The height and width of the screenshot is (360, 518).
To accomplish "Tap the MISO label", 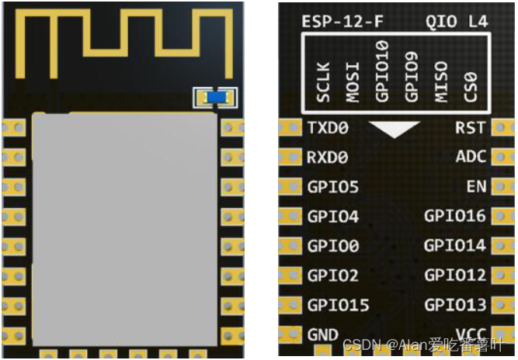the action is pyautogui.click(x=440, y=82).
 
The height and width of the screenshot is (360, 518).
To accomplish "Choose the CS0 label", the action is pyautogui.click(x=469, y=86).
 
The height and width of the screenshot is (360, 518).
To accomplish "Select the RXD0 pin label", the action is pyautogui.click(x=328, y=157).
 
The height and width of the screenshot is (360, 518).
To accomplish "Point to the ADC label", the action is pyautogui.click(x=471, y=157).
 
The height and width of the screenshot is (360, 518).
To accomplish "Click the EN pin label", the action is pyautogui.click(x=476, y=187).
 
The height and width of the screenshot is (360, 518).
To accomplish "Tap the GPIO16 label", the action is pyautogui.click(x=455, y=216).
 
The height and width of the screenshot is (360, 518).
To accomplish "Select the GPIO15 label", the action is pyautogui.click(x=338, y=305).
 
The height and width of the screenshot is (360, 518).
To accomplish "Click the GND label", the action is pyautogui.click(x=323, y=335).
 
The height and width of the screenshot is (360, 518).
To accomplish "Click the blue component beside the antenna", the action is pyautogui.click(x=216, y=97).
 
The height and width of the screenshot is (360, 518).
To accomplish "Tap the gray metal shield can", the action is pyautogui.click(x=124, y=225).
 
